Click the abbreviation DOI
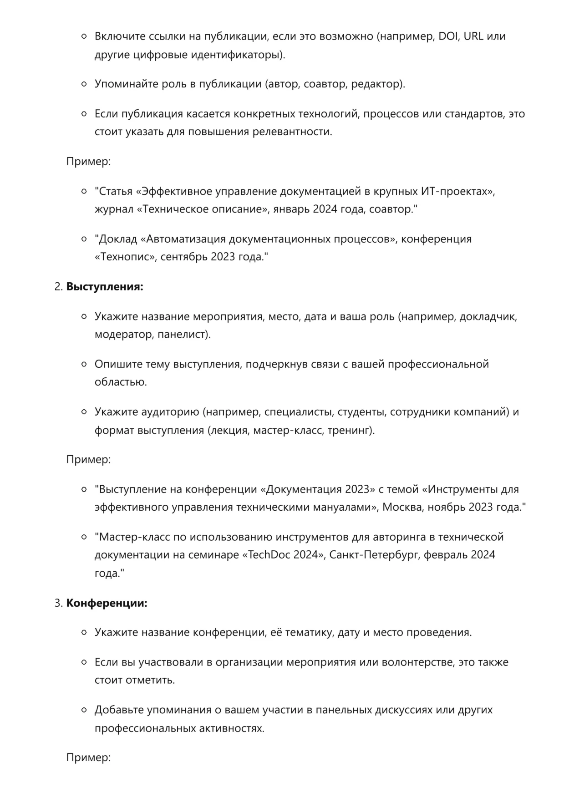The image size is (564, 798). click(448, 36)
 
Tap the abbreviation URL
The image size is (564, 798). click(473, 36)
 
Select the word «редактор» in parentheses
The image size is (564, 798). click(376, 84)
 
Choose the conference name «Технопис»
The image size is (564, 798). click(125, 257)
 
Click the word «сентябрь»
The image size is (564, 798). click(184, 257)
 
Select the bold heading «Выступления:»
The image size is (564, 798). click(105, 287)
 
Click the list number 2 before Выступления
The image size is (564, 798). click(58, 287)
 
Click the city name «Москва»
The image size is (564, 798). click(402, 507)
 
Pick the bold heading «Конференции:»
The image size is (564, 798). click(107, 603)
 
